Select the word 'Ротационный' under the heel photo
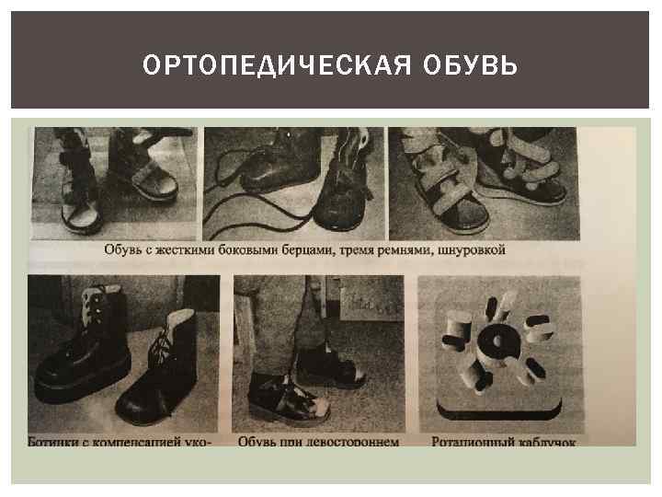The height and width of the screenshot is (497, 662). [x=470, y=442]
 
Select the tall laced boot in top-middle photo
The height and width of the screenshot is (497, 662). [x=345, y=189]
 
